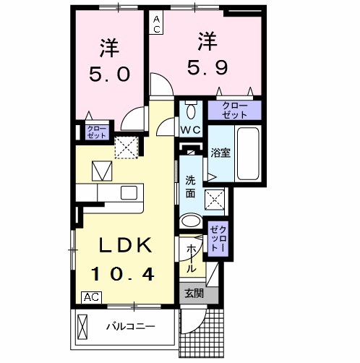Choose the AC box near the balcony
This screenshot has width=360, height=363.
point(91,297)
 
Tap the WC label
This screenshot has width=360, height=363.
point(190,129)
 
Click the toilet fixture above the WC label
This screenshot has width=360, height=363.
point(190,111)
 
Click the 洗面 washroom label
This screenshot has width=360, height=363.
point(190,187)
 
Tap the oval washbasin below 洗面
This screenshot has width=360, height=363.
point(192,221)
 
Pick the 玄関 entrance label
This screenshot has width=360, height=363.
point(193,293)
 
